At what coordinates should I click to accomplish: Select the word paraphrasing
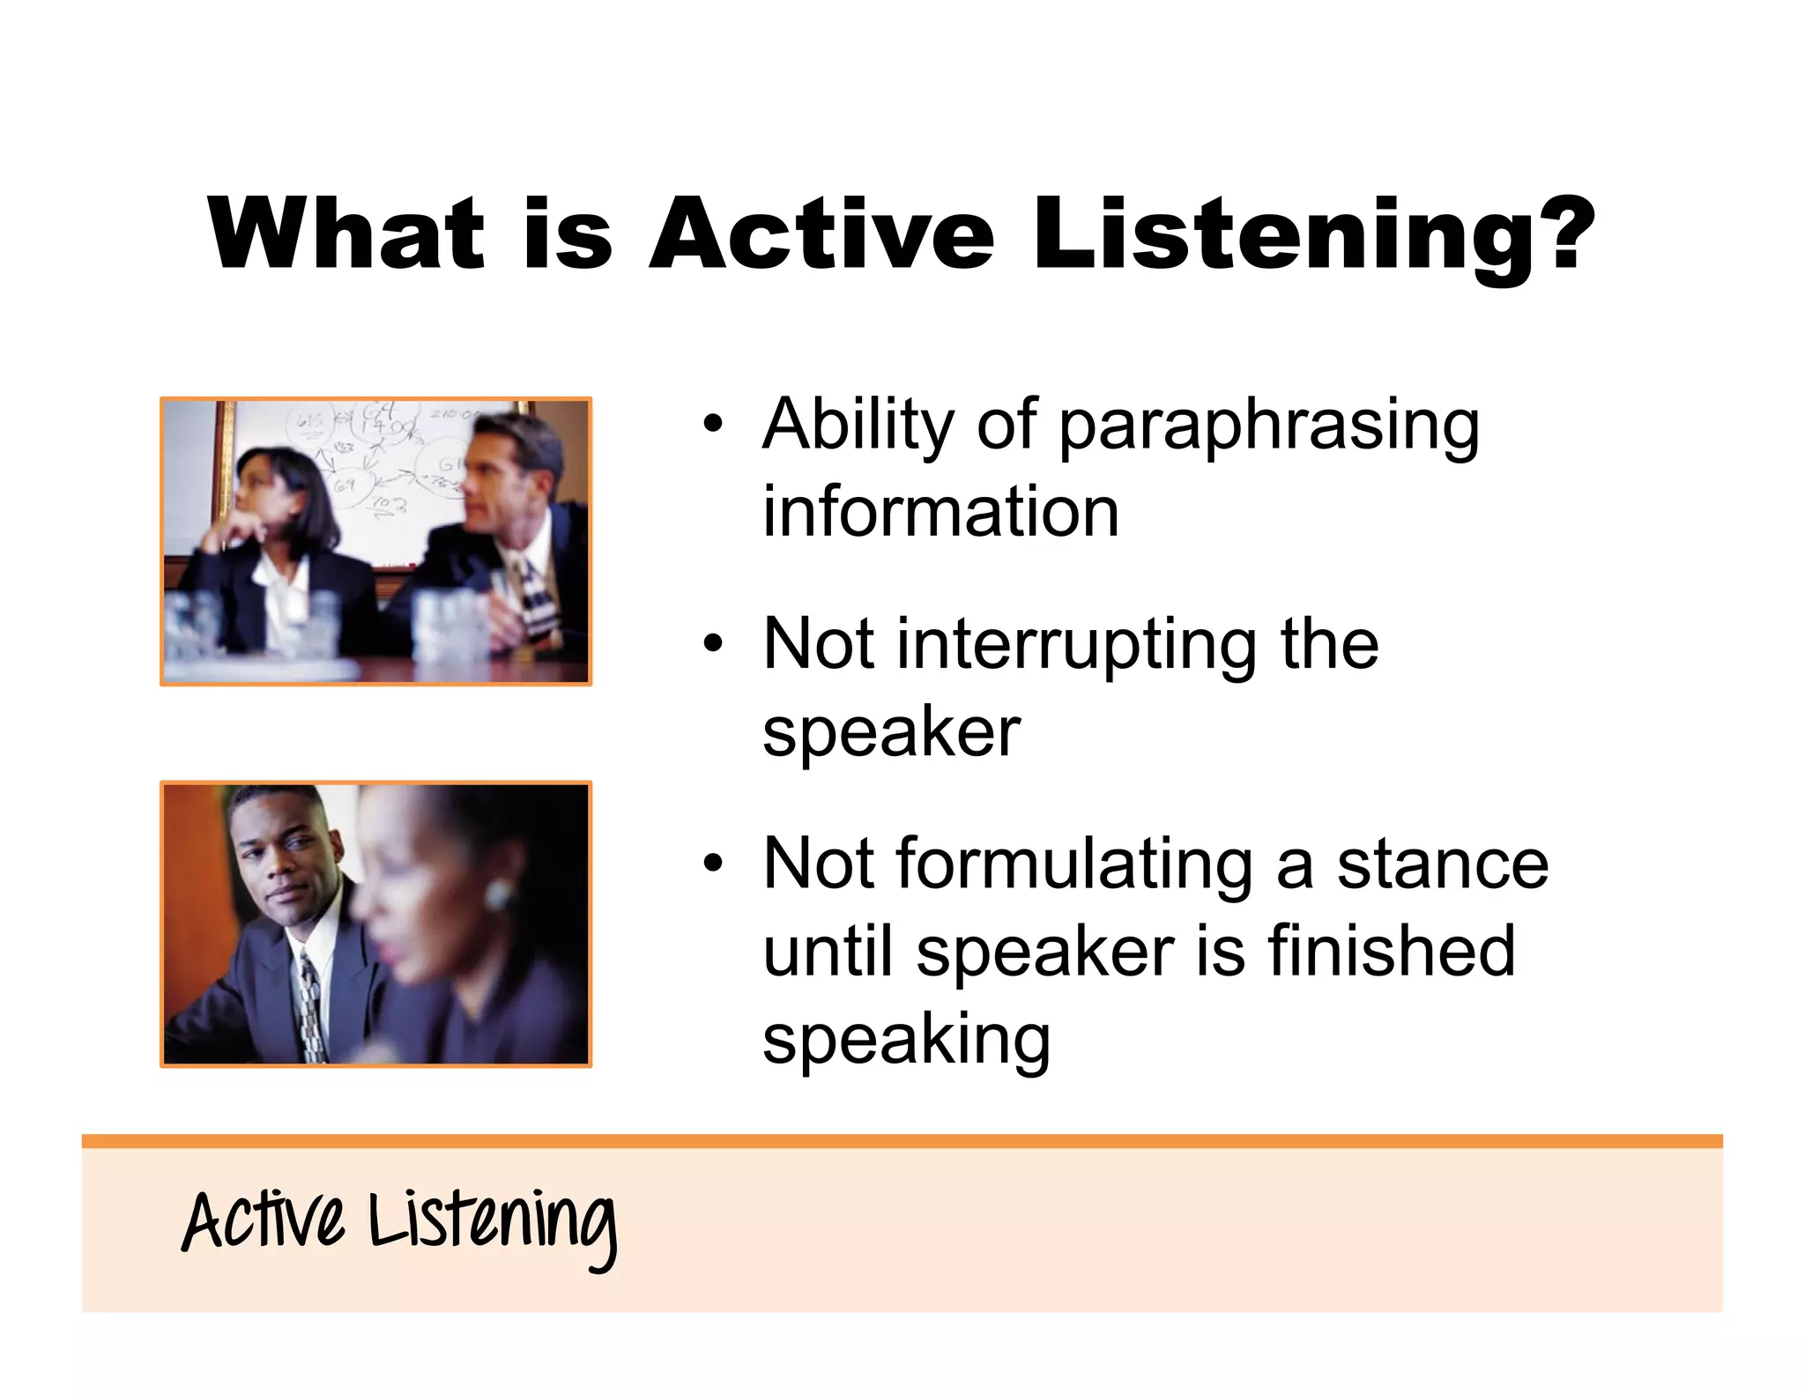tap(1268, 427)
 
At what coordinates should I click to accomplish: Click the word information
tap(940, 513)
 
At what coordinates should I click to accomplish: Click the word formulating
tap(1074, 866)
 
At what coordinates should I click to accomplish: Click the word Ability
tap(858, 426)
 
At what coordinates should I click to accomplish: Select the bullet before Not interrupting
tap(712, 645)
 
